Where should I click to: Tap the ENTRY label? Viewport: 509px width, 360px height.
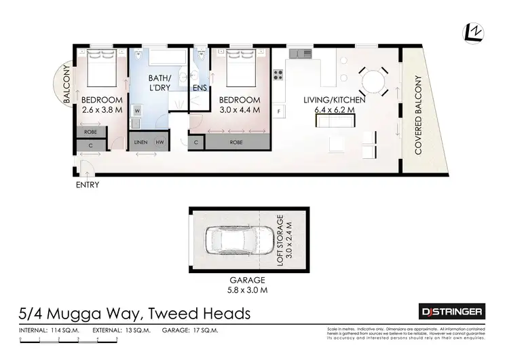(x=88, y=185)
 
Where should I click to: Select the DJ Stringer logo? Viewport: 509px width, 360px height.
(x=450, y=311)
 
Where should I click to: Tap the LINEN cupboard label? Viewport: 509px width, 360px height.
(x=141, y=142)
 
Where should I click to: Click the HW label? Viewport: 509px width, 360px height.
(x=159, y=142)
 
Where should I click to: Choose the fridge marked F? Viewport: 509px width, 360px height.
(x=279, y=110)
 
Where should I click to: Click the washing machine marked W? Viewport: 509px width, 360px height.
(x=136, y=110)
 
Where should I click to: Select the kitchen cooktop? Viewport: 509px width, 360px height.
(x=278, y=74)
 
